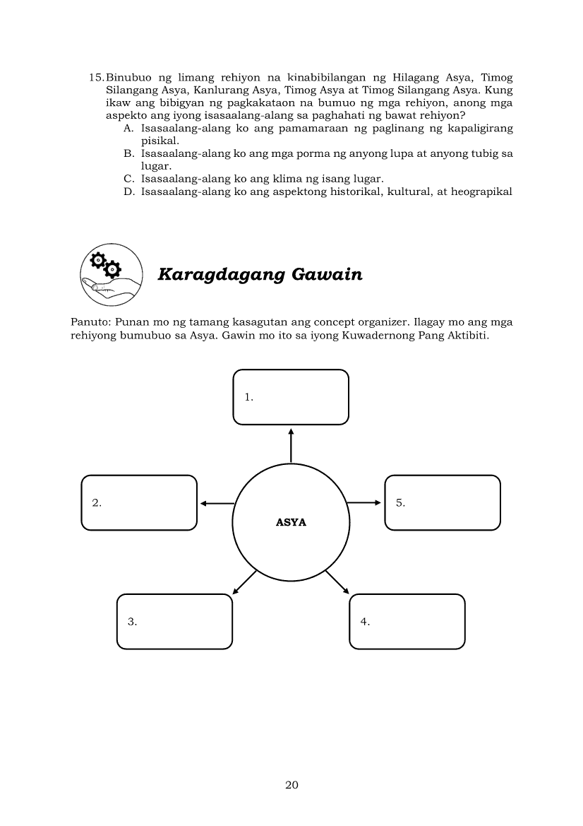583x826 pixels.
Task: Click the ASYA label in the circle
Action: tap(291, 524)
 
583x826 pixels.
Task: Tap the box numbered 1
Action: tap(291, 397)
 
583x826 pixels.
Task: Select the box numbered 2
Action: tap(139, 502)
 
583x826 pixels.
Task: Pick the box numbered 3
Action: tap(174, 621)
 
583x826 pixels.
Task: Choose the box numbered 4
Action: tap(407, 621)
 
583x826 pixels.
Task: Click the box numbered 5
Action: tap(443, 502)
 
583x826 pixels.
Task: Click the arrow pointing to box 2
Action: tap(216, 503)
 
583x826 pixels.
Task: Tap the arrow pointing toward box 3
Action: tap(244, 581)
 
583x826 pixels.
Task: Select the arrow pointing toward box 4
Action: tap(337, 581)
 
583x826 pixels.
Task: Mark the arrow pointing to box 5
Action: tap(364, 502)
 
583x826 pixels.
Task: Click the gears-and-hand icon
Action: tap(112, 275)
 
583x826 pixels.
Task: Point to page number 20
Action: tap(291, 784)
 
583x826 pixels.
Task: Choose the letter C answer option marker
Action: tap(128, 179)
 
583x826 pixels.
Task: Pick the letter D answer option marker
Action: tap(128, 191)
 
